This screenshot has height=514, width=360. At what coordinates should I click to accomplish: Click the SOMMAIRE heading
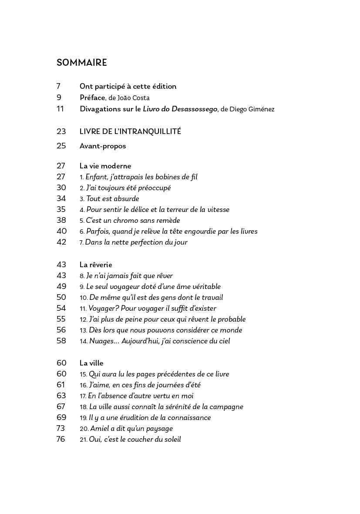[81, 63]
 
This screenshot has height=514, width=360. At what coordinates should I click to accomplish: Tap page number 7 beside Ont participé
[59, 86]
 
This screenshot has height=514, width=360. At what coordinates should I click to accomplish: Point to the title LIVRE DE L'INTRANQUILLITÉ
[130, 131]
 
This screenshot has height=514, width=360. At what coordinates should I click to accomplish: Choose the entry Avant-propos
[103, 146]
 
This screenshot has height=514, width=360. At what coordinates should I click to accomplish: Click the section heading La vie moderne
[105, 166]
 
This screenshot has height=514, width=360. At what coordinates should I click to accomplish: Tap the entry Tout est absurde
[112, 199]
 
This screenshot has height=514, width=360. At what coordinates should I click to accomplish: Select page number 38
[61, 221]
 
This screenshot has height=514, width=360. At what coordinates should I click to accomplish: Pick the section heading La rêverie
[96, 265]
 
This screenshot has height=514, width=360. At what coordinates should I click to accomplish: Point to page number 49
[61, 286]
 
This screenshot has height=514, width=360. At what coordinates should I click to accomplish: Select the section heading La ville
[91, 363]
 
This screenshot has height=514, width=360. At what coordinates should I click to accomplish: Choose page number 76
[61, 439]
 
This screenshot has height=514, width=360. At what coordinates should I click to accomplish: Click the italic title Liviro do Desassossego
[180, 109]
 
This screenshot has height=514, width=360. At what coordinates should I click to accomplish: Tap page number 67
[61, 406]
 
